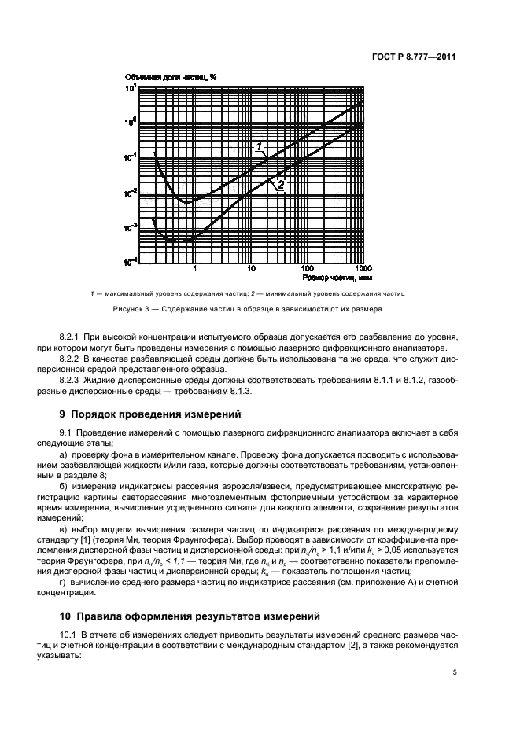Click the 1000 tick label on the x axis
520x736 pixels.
click(x=353, y=267)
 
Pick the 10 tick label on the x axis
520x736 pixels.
click(x=252, y=267)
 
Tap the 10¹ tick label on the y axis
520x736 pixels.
click(x=131, y=88)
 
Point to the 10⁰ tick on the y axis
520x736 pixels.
click(x=131, y=122)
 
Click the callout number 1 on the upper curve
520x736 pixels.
click(x=258, y=146)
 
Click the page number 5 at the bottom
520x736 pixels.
click(x=455, y=672)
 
